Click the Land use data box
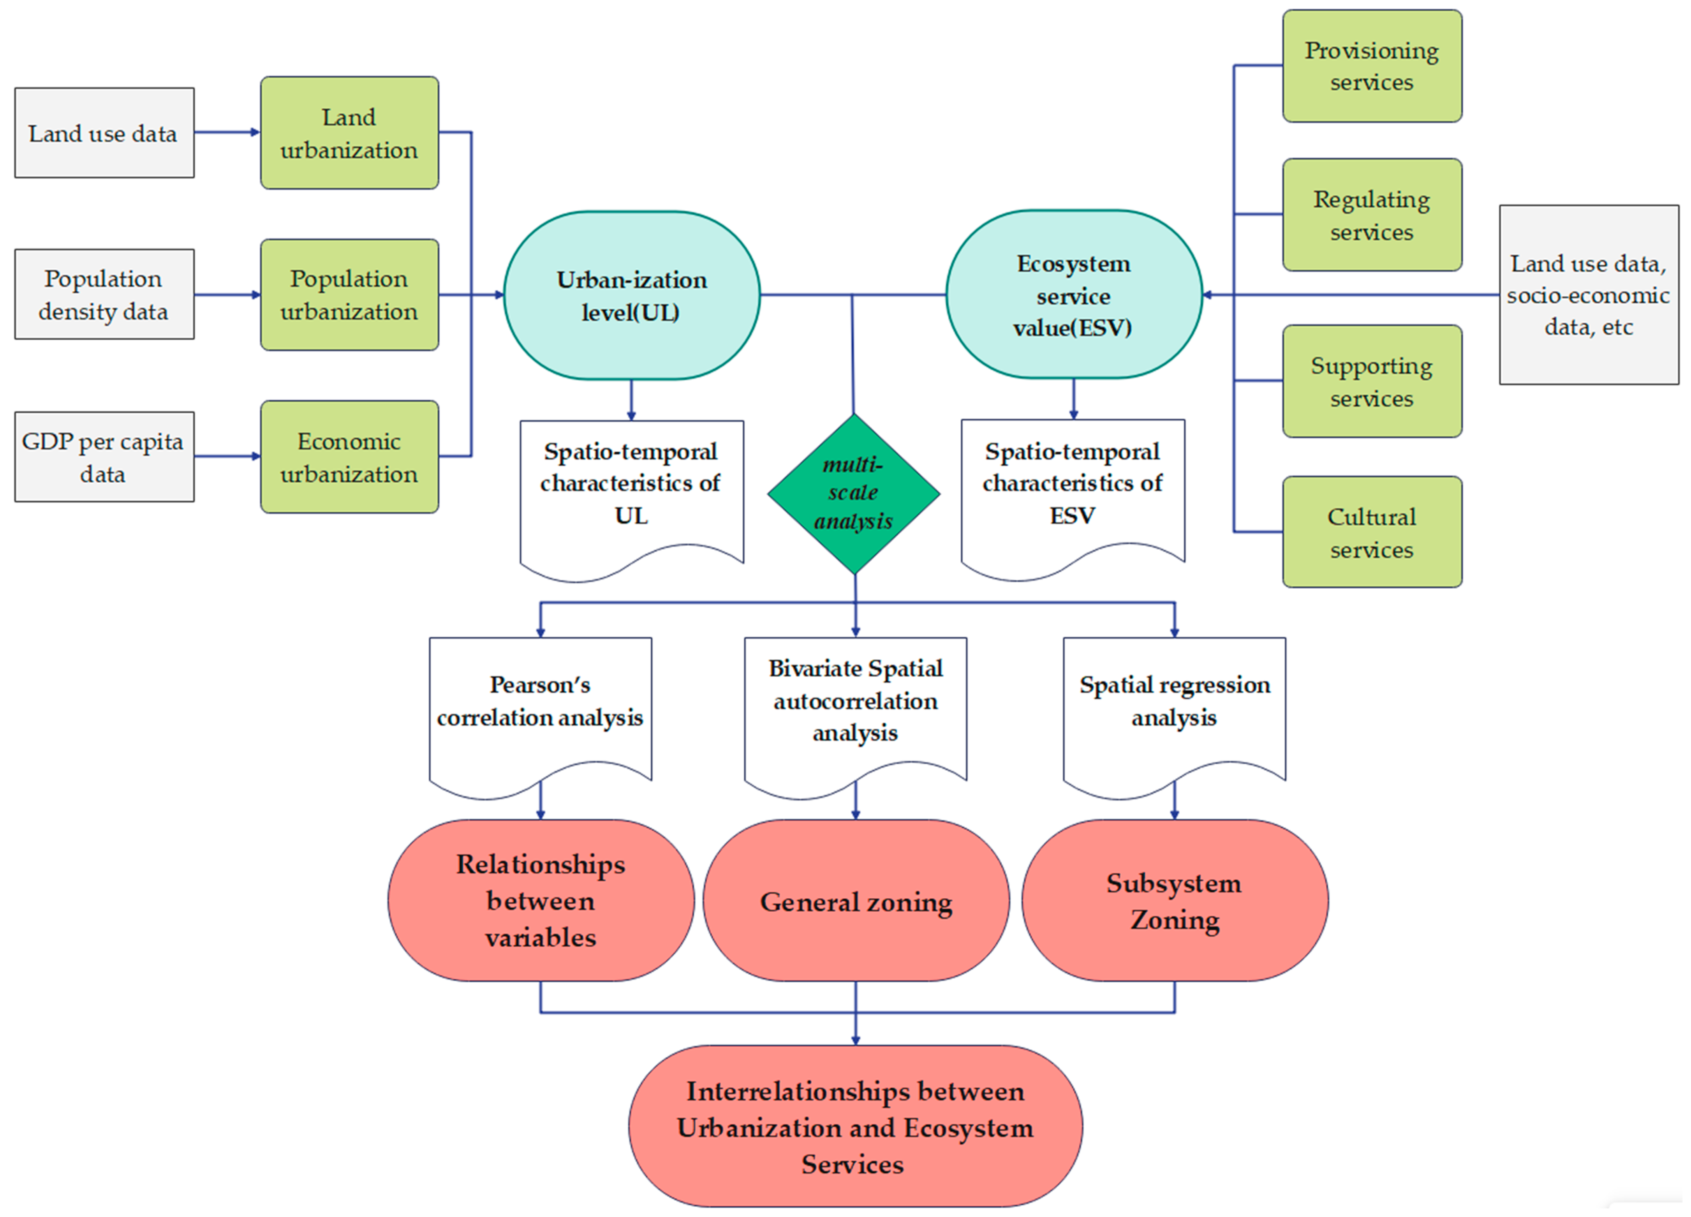[x=104, y=133]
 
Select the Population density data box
[x=104, y=295]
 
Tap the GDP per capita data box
[x=104, y=457]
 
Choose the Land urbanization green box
[x=349, y=133]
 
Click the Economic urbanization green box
[x=349, y=457]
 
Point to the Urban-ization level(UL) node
[x=632, y=295]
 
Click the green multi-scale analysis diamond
[x=854, y=494]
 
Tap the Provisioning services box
[x=1372, y=65]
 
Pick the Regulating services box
[x=1372, y=215]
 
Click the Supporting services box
[x=1372, y=381]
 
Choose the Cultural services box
[x=1372, y=533]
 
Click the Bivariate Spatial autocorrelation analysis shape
[x=855, y=705]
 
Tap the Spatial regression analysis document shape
[x=1174, y=705]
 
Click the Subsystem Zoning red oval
[x=1174, y=901]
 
